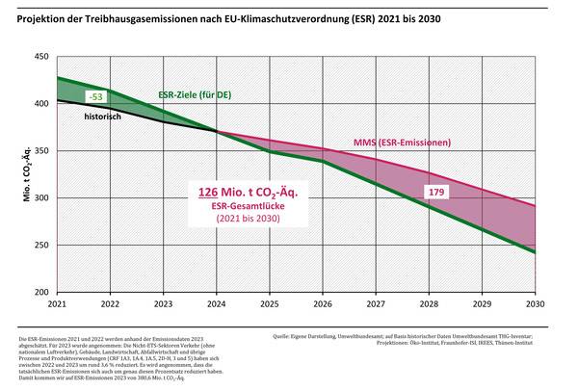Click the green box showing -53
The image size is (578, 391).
95,97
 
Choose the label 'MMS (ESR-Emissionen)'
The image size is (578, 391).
405,143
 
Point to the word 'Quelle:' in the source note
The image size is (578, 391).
285,336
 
